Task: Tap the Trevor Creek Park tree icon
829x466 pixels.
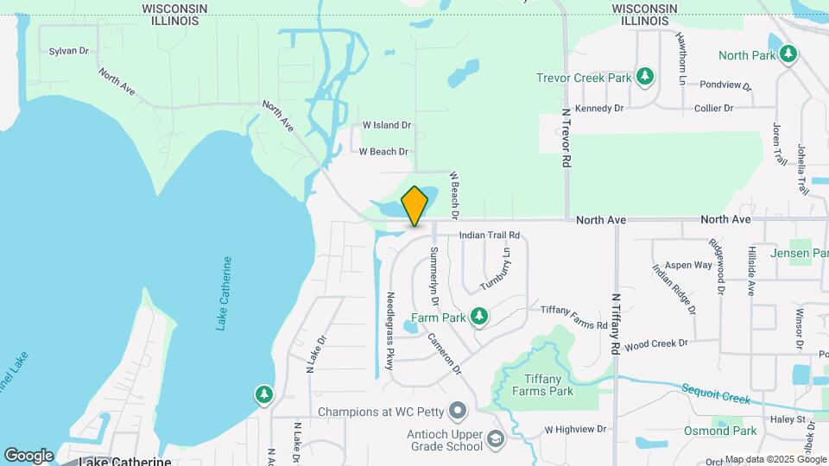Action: (644, 78)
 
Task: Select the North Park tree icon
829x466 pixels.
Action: (788, 55)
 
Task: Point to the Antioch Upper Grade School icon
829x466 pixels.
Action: (495, 438)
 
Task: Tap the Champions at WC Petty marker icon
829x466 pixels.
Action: (459, 410)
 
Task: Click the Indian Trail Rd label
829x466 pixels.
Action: (490, 235)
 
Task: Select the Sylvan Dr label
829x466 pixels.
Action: (69, 51)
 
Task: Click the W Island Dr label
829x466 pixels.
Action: (386, 125)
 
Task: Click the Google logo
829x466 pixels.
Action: (28, 455)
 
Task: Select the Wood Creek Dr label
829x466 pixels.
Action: (655, 343)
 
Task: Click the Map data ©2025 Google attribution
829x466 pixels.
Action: (775, 459)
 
